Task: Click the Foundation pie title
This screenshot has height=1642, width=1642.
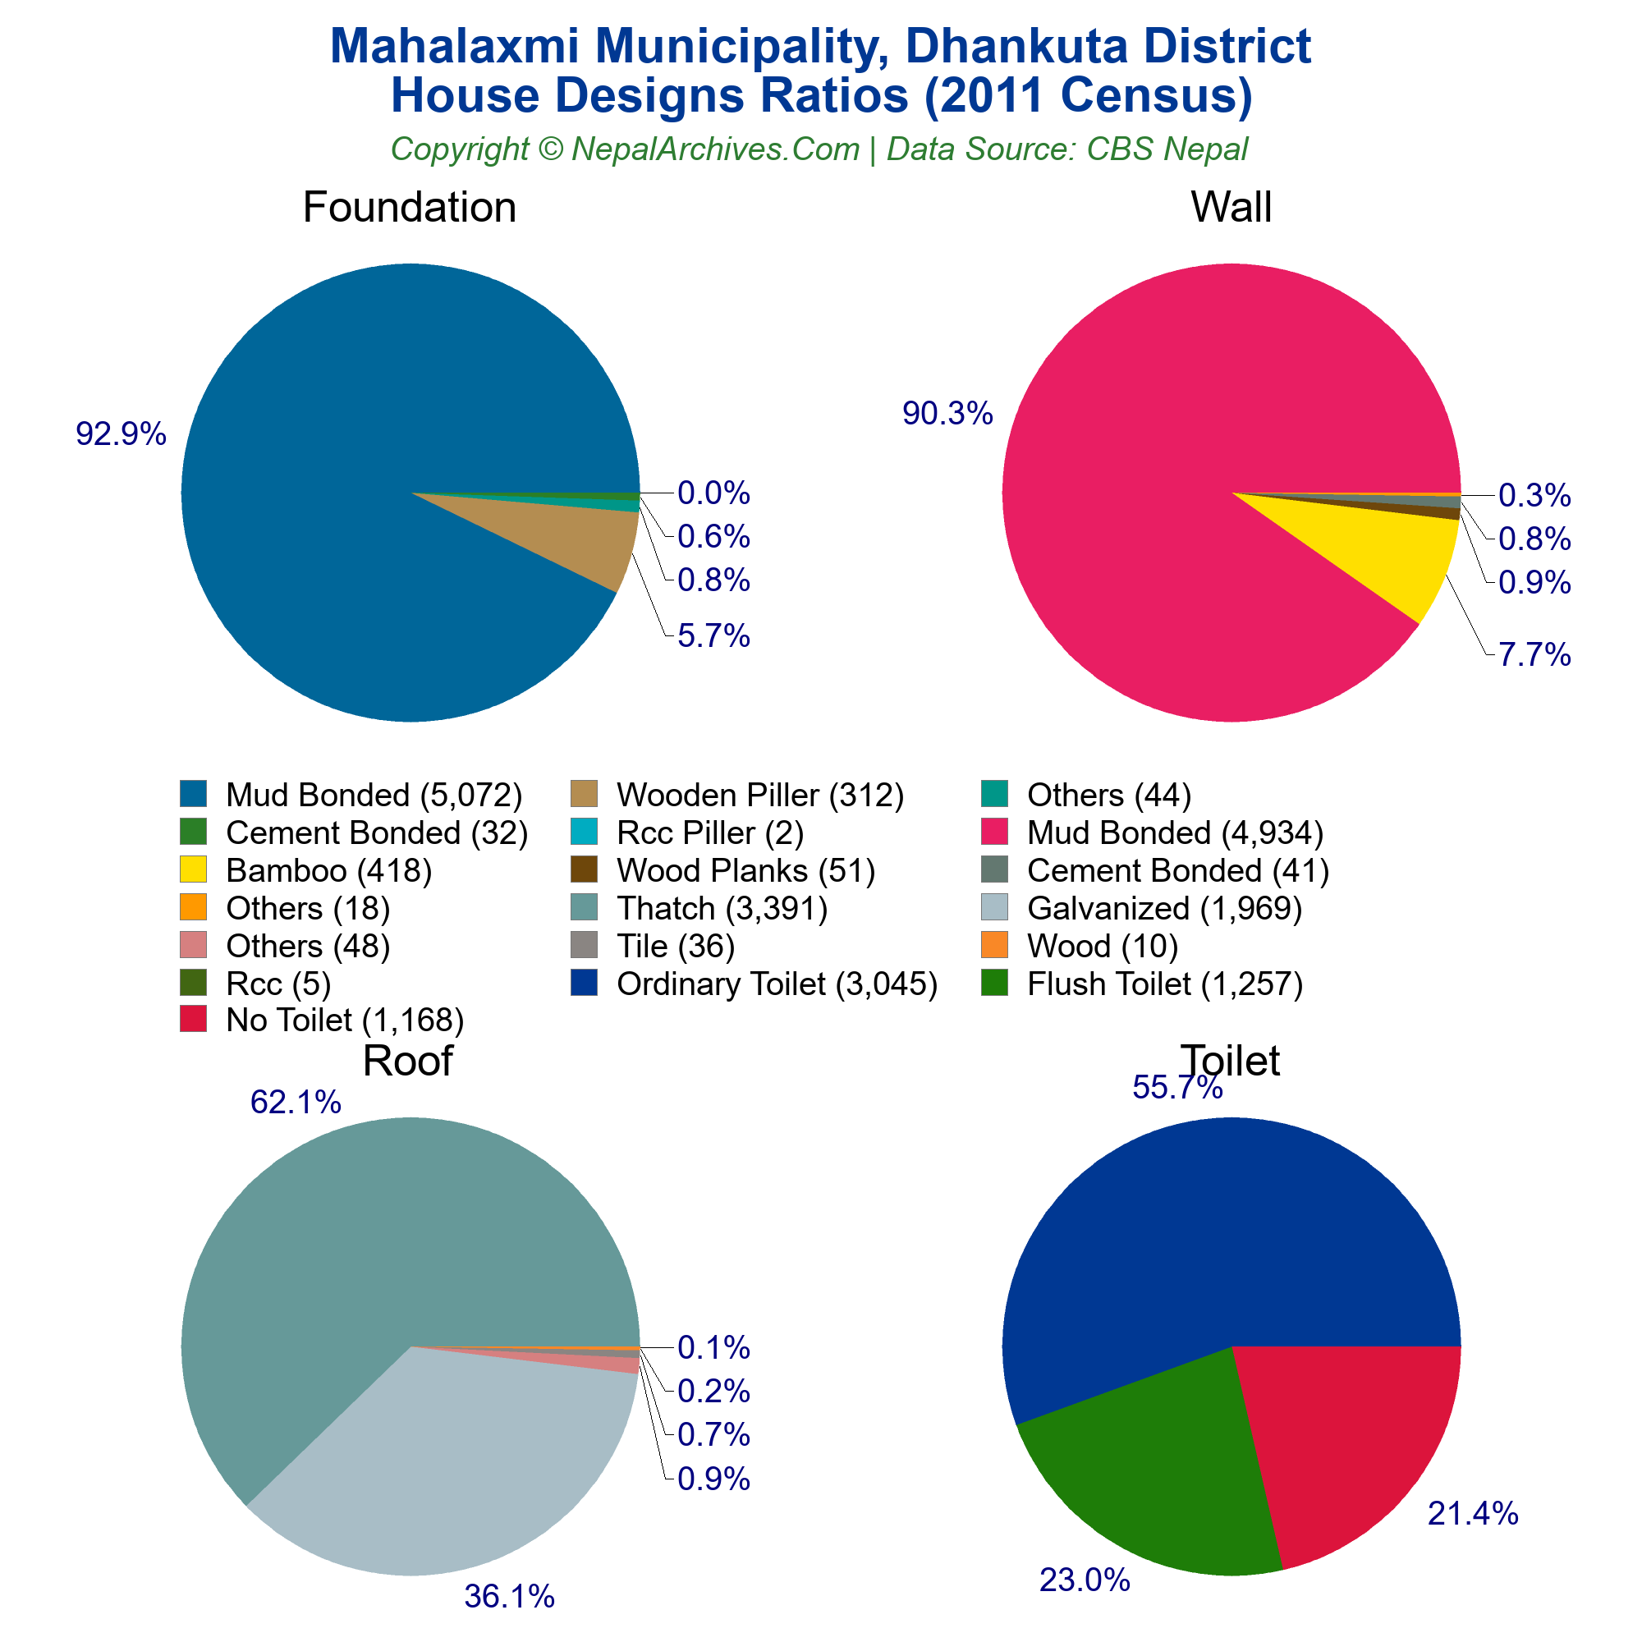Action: [409, 208]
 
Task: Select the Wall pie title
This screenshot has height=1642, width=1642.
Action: [1231, 208]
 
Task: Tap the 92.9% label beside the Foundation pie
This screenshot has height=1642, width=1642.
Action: [121, 434]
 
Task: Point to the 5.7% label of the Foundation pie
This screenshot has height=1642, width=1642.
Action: [713, 635]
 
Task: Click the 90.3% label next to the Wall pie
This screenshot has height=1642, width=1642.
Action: [947, 414]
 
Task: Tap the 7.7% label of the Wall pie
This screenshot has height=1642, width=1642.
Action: [1534, 655]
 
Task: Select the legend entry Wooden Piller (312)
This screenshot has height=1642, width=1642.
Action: [759, 795]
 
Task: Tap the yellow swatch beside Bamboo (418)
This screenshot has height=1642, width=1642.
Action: [193, 869]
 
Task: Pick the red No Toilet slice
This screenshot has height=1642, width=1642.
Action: [1351, 1445]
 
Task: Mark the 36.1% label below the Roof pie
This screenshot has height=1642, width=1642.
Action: [509, 1597]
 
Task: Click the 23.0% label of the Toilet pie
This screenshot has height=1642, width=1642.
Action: [1085, 1580]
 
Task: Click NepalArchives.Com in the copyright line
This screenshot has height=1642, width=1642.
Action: [715, 149]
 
